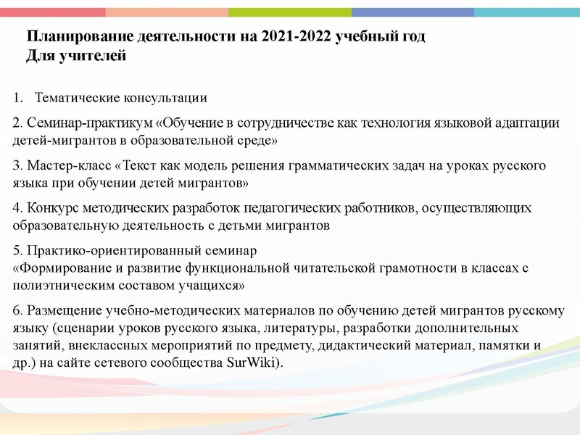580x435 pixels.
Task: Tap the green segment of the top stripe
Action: tap(290, 12)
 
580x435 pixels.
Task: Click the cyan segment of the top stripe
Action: tap(527, 12)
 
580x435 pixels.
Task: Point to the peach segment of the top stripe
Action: tap(167, 12)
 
